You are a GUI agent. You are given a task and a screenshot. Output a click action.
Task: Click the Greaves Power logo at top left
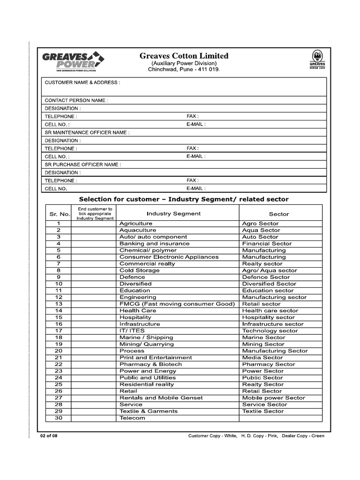[x=73, y=61]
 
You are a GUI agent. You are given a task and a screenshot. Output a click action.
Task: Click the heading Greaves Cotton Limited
[x=184, y=56]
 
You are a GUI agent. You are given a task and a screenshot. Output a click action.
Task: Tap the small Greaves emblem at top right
[x=317, y=59]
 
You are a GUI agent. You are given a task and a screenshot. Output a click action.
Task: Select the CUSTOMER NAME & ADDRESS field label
[x=82, y=82]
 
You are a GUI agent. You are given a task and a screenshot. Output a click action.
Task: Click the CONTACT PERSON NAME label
[x=76, y=100]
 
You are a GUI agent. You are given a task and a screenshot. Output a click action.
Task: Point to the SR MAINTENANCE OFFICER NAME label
[x=87, y=133]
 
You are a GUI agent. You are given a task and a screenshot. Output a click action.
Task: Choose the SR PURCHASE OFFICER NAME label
[x=83, y=165]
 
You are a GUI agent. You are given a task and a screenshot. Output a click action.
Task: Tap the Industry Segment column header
[x=173, y=213]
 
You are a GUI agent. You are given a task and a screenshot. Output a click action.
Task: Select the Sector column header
[x=279, y=214]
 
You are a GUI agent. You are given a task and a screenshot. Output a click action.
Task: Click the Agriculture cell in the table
[x=136, y=224]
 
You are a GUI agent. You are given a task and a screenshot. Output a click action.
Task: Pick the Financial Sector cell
[x=267, y=244]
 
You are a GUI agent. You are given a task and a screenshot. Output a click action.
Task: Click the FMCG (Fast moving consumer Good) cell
[x=177, y=304]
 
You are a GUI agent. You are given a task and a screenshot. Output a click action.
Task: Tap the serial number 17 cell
[x=59, y=330]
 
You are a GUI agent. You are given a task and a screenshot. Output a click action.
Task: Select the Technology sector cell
[x=270, y=330]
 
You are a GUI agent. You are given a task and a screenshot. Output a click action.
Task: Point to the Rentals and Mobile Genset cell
[x=161, y=397]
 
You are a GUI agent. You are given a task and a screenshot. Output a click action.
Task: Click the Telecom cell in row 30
[x=132, y=418]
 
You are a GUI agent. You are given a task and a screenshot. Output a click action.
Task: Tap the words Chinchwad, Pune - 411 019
[x=184, y=69]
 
